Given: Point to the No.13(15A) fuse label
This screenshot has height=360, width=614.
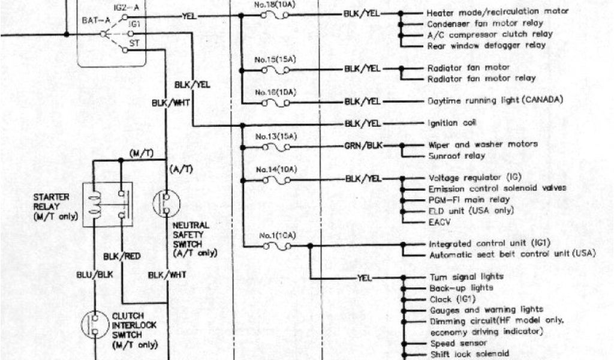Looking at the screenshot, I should (275, 136).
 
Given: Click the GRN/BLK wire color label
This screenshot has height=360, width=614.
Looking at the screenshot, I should (362, 146).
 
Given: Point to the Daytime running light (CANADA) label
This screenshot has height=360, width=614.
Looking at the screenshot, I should (495, 100).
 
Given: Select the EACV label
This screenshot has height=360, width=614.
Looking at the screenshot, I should (440, 222).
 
